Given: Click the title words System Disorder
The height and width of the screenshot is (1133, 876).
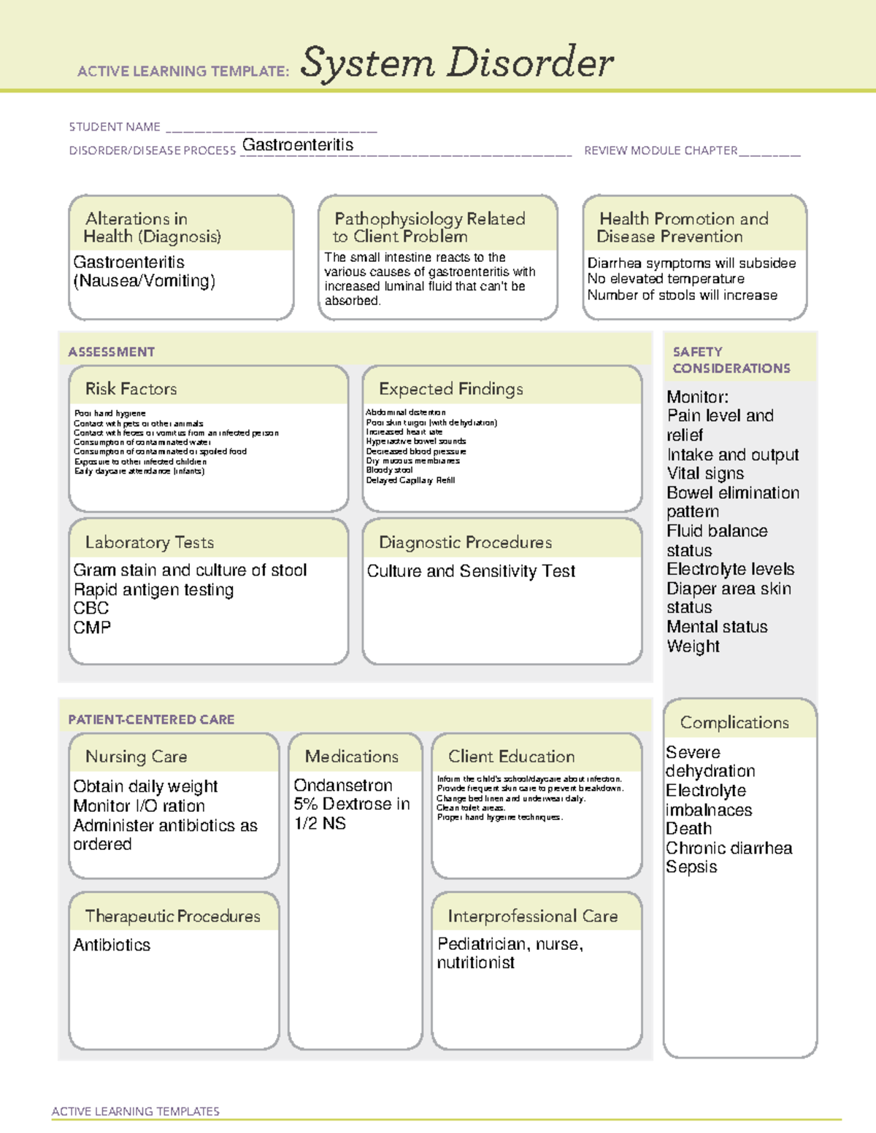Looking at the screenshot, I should (457, 63).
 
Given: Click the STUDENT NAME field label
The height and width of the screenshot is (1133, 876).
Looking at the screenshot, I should (115, 127).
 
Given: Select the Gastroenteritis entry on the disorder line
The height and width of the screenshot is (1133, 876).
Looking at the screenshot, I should (298, 145).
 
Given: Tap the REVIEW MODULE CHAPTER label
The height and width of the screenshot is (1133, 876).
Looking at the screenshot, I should (661, 150).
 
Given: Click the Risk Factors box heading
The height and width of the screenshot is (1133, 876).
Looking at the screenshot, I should (131, 389).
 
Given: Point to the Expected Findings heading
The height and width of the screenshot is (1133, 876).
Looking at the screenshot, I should (450, 389).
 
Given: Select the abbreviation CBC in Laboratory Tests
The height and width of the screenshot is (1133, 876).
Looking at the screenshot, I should (91, 608).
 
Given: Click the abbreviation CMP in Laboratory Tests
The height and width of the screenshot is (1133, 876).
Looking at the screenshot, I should (92, 627).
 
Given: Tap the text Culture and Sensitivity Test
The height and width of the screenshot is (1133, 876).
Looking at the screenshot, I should (471, 571).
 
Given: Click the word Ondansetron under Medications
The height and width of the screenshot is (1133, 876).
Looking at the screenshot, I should (343, 786).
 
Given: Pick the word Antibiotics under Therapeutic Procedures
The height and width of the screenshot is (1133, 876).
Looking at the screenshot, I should (112, 945).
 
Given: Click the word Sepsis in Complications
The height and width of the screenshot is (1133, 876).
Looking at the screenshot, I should (691, 867).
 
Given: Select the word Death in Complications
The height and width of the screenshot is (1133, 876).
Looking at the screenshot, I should (688, 829).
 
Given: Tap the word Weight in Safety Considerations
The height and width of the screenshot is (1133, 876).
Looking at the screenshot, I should (693, 646).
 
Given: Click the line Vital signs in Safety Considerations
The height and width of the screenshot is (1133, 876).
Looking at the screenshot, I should (705, 473).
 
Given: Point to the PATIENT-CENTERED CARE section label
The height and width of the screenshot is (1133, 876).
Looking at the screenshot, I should (151, 719).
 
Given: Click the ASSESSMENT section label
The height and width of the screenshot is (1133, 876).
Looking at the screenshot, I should (112, 352).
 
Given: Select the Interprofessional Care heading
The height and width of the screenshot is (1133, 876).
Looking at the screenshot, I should (532, 916).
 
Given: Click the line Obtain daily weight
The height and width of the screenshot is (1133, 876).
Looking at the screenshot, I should (145, 786).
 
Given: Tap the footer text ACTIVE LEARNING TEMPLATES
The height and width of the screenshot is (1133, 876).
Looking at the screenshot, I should (135, 1111).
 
